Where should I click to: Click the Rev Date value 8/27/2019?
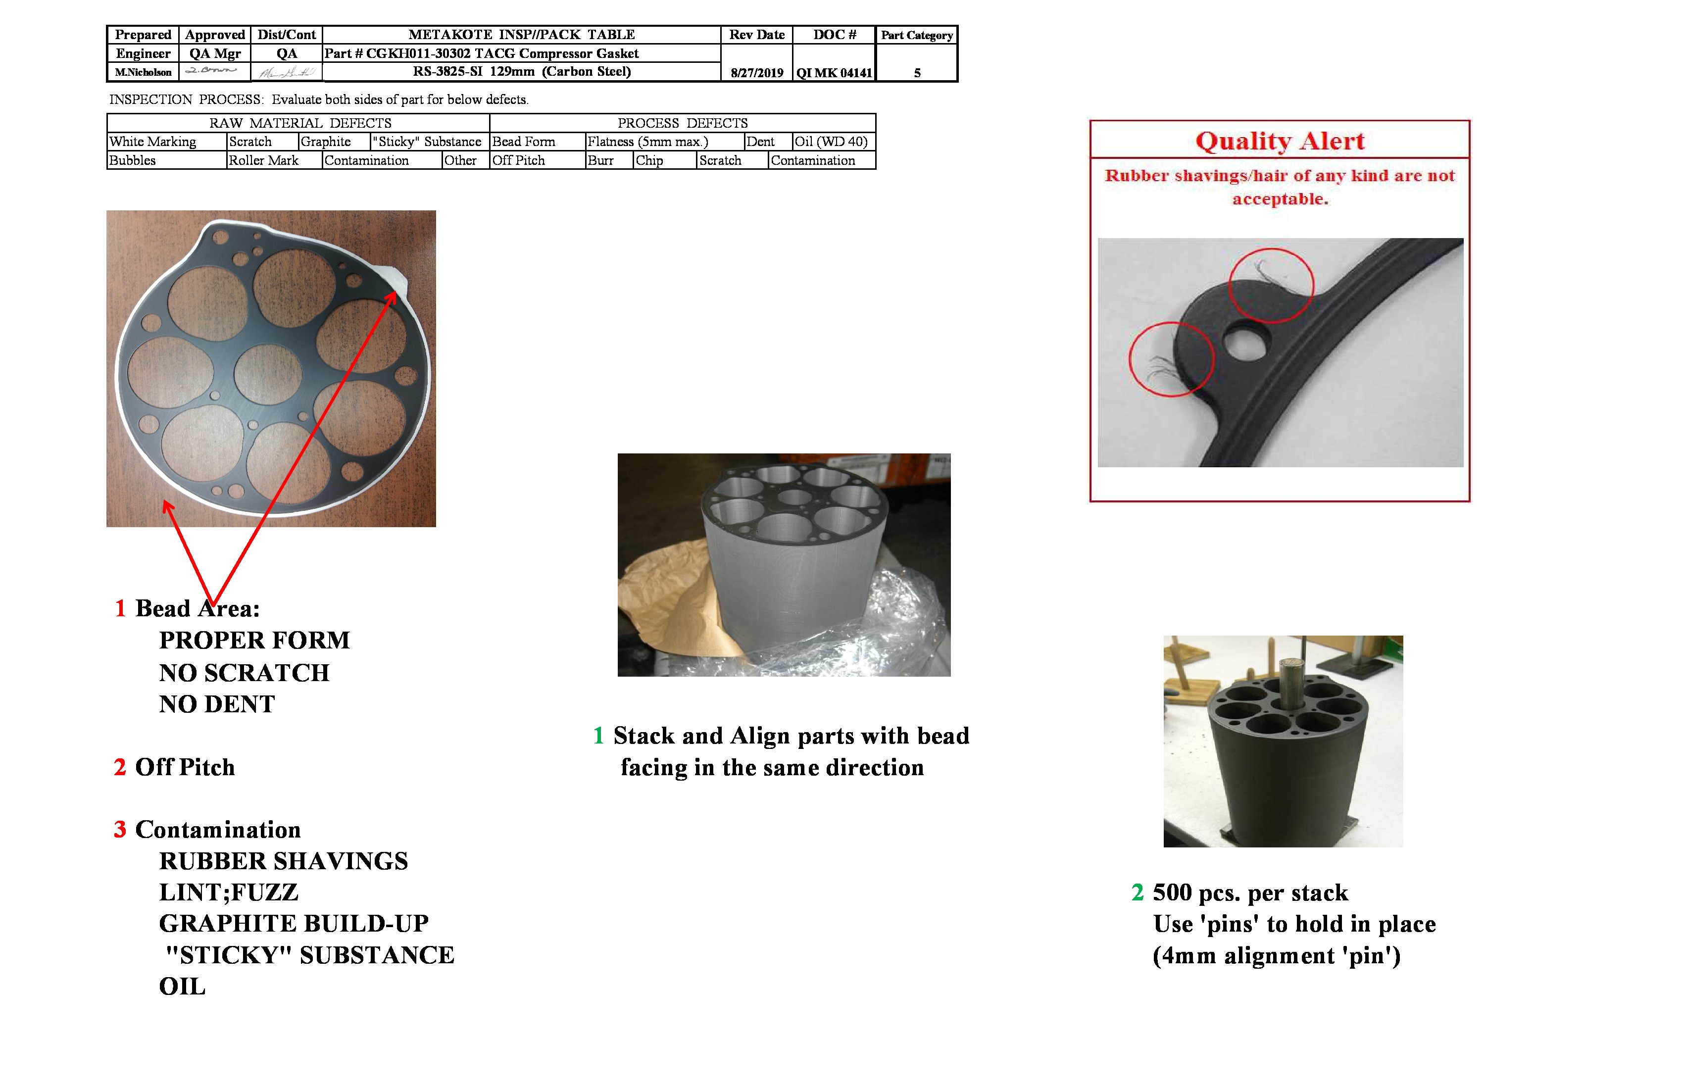[x=757, y=73]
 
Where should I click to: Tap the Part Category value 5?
[x=917, y=73]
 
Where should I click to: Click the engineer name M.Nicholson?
[x=143, y=72]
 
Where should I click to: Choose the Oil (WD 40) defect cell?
[x=831, y=142]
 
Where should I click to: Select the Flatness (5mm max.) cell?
[x=648, y=142]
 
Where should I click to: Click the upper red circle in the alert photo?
[x=1271, y=285]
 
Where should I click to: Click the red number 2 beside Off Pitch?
[x=120, y=767]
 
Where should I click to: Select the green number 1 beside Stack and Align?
[x=598, y=736]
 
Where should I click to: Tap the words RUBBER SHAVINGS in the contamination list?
[x=284, y=861]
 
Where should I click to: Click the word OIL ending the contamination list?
[x=183, y=987]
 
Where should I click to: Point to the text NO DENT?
[x=217, y=704]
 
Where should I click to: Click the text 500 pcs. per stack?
[x=1250, y=892]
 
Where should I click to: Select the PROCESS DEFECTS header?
[x=683, y=123]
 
